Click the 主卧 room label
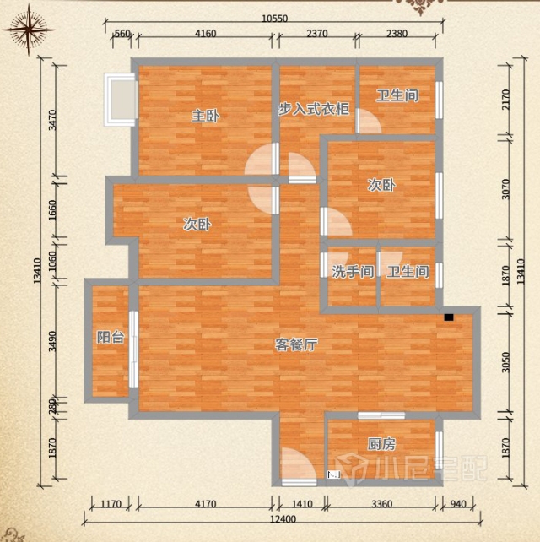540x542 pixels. tap(205, 116)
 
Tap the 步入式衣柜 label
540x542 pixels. tap(314, 109)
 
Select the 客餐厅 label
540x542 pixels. tap(296, 344)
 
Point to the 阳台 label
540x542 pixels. tap(111, 337)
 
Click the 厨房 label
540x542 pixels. tap(381, 444)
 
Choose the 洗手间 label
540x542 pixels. tap(353, 272)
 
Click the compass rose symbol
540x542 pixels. tap(29, 30)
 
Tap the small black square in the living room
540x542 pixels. tap(448, 317)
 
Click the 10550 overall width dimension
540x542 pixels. tap(274, 18)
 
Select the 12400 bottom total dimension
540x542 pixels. tap(283, 519)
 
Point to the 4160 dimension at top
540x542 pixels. tap(206, 34)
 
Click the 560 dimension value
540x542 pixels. tap(122, 34)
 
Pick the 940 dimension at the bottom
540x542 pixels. tap(458, 504)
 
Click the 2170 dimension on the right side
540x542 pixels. tap(505, 100)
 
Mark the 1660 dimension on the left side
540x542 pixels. tap(51, 210)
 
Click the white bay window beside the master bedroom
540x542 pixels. tap(120, 100)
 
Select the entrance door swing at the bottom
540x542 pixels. tap(299, 466)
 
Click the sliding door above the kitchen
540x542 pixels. tap(381, 415)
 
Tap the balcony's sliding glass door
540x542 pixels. tap(133, 350)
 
